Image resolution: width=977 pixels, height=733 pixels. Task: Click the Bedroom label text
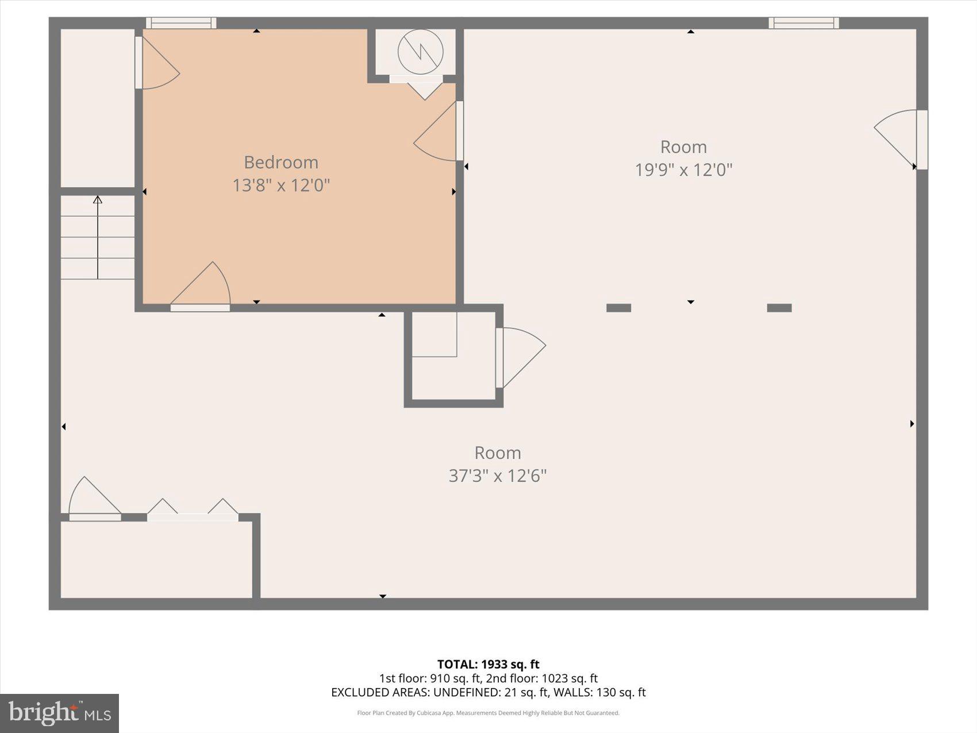pos(280,162)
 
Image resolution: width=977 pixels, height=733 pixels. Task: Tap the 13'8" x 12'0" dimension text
pos(280,185)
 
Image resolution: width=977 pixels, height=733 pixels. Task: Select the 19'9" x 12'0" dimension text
pos(683,170)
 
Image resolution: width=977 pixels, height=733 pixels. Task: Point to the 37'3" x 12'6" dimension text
pos(497,475)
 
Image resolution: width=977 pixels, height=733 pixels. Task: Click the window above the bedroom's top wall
pos(181,23)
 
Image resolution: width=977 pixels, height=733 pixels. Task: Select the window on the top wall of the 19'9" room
pos(803,23)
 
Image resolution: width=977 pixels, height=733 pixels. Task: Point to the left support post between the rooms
pos(618,308)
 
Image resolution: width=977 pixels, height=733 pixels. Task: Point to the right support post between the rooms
pos(779,308)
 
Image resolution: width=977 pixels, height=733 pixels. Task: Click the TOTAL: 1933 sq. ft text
pos(488,665)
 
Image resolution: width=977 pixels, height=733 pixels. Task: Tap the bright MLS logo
pos(59,713)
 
